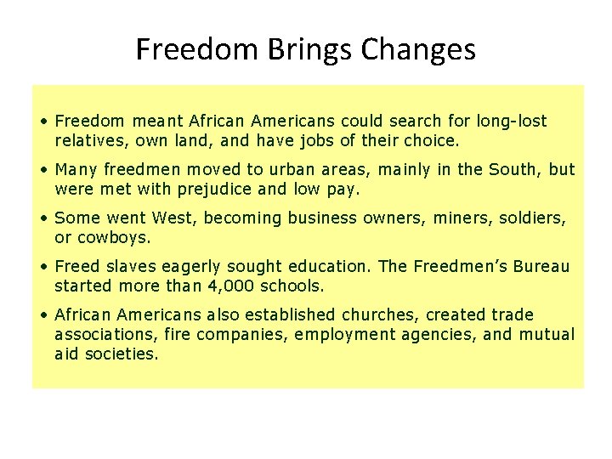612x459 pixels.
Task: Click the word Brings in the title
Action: [x=310, y=50]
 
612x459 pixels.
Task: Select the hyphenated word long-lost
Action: [x=512, y=122]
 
